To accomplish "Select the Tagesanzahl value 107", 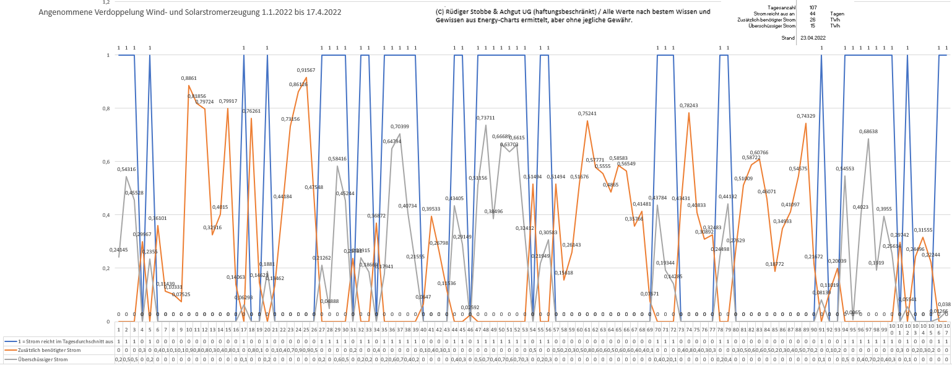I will coord(812,7).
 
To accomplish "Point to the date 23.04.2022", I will coord(813,38).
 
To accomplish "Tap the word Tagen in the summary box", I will coord(837,14).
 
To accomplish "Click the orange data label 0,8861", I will coord(189,78).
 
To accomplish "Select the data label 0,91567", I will coord(306,70).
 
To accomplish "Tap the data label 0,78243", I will coord(688,105).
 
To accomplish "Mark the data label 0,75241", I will coord(587,113).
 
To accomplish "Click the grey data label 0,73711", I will coord(485,118).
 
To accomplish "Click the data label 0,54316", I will coord(126,169).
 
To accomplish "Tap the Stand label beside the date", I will coord(789,38).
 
